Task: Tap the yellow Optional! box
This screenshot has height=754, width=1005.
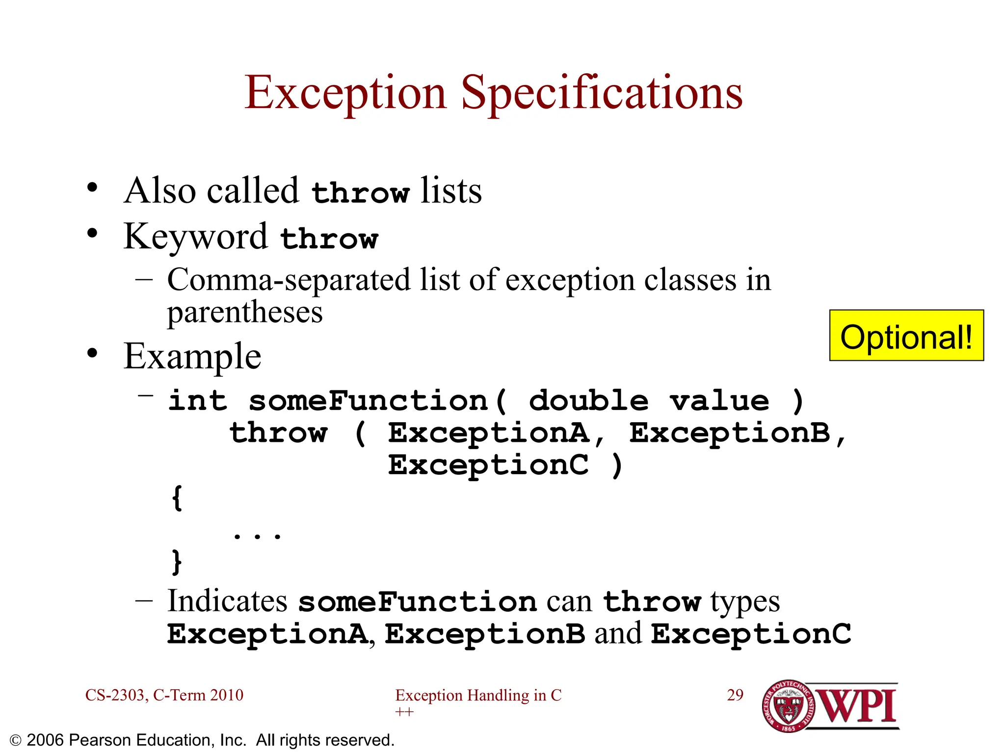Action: (906, 336)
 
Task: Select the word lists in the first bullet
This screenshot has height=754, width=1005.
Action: (451, 190)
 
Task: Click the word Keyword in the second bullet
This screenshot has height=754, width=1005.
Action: (195, 237)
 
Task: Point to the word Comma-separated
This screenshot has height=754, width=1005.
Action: (289, 280)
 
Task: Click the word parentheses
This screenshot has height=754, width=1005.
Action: (244, 312)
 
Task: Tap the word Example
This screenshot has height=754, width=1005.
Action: (192, 356)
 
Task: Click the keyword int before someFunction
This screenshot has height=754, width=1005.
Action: (197, 401)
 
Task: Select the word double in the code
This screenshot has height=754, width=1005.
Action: (588, 401)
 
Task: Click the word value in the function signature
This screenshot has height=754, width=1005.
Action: (719, 401)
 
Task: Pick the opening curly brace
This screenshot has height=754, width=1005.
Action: (177, 498)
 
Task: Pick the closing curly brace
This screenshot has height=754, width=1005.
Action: (177, 562)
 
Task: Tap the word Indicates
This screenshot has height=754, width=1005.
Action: (227, 601)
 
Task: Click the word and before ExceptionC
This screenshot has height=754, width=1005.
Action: (618, 633)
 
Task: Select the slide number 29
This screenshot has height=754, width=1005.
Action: (735, 695)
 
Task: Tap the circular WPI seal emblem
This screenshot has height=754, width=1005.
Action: (788, 706)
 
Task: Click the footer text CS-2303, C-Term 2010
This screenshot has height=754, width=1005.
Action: (164, 695)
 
